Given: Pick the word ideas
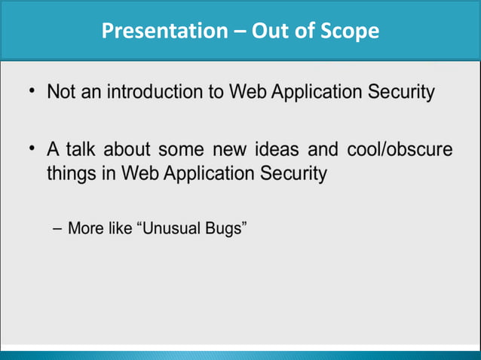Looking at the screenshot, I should pos(274,150).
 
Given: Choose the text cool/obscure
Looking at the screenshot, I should pos(400,150).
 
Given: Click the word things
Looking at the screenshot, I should pos(71,174).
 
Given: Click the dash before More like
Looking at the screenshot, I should pos(57,228).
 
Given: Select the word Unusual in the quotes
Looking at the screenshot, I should pos(171,228).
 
